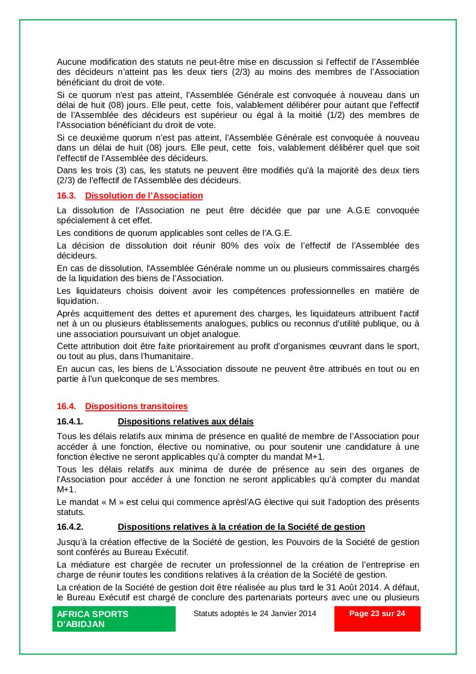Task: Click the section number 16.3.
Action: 66,196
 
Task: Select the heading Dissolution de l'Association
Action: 144,196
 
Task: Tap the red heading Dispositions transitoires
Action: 136,406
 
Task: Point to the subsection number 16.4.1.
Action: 70,421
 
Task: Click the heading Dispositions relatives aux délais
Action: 185,421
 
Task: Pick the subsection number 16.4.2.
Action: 70,527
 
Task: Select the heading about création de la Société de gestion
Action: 241,527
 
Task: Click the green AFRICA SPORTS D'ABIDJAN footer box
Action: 114,619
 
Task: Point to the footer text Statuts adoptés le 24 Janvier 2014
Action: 255,613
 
